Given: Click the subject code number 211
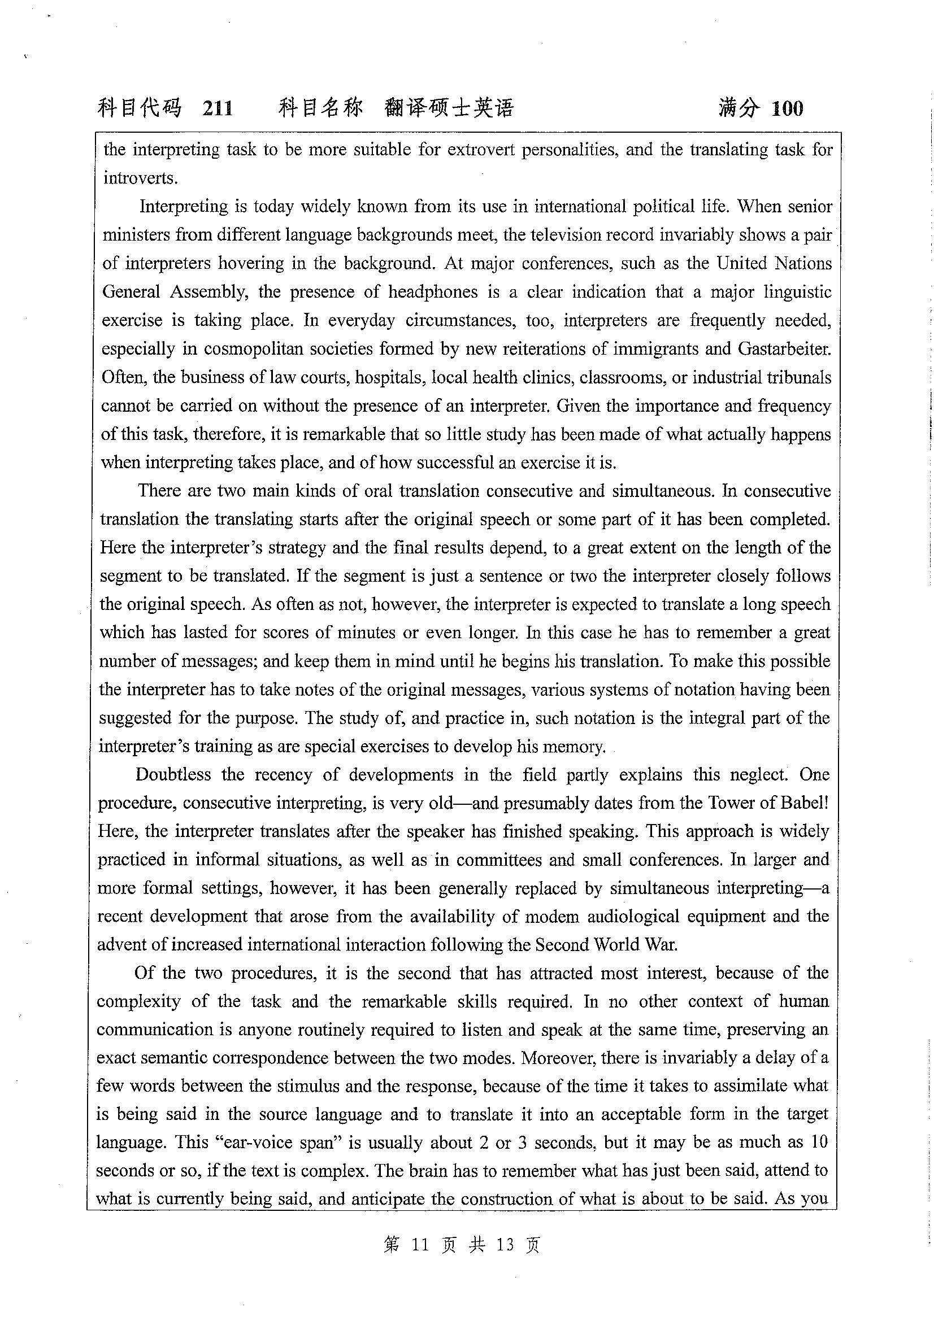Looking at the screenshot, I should pyautogui.click(x=218, y=108).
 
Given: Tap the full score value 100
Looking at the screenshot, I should pyautogui.click(x=787, y=108).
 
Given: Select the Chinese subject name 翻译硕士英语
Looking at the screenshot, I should pyautogui.click(x=449, y=108).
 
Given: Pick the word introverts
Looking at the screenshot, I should pyautogui.click(x=140, y=178).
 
